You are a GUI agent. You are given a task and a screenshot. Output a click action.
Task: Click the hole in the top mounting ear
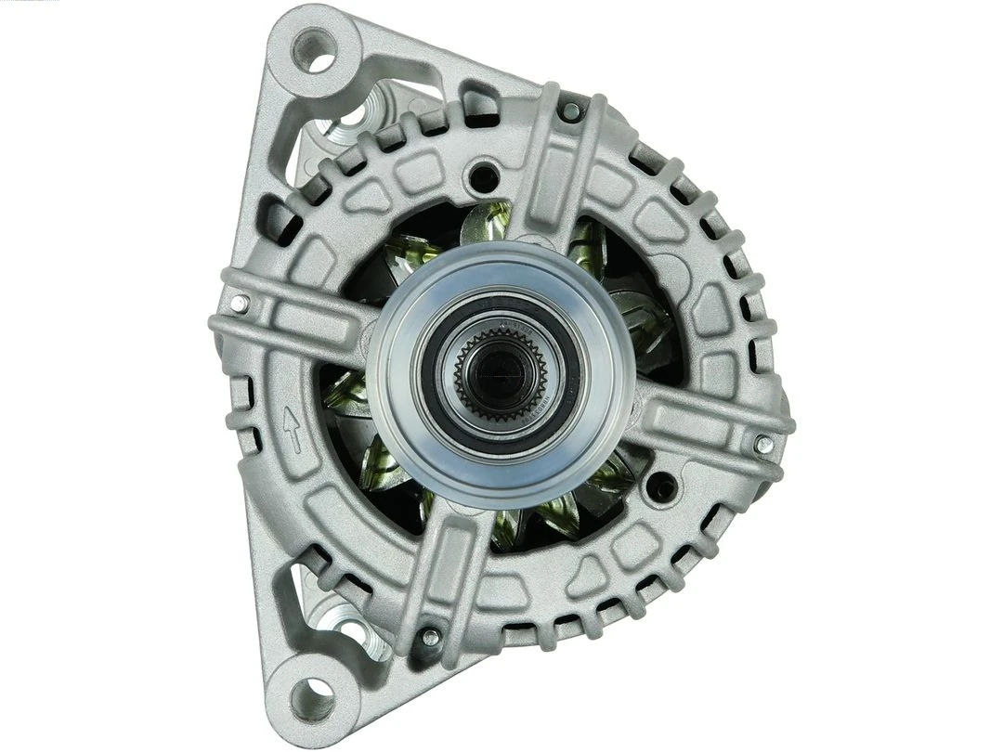click(315, 51)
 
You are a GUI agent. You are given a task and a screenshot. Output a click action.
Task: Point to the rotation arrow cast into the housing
click(293, 430)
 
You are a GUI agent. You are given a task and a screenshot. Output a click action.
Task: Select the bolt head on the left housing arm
click(240, 304)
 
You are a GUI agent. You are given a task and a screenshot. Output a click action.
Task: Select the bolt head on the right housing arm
click(763, 444)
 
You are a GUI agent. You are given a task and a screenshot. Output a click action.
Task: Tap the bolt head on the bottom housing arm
click(431, 637)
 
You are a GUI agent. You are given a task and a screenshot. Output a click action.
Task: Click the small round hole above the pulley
click(481, 174)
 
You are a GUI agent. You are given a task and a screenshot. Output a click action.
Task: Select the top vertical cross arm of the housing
click(563, 167)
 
